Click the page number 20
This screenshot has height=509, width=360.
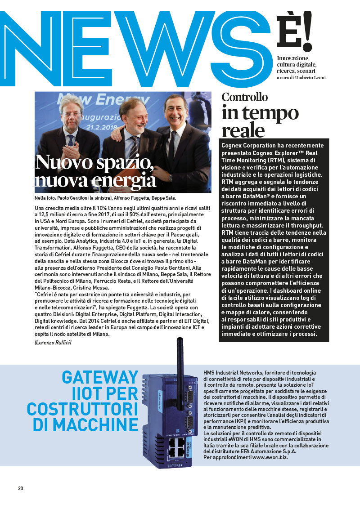coord(21,488)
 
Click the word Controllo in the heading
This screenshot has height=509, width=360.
coord(245,97)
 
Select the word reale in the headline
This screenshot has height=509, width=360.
coord(243,130)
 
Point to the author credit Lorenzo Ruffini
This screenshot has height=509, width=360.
coord(52,343)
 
